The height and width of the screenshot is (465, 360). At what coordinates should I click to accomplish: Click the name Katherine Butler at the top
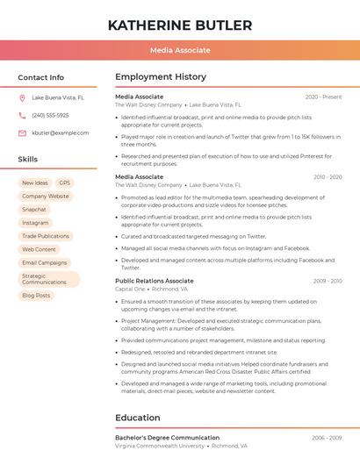(179, 25)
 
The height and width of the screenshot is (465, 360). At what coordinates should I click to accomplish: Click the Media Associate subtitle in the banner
(179, 51)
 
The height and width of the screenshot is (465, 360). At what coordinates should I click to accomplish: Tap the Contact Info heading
(40, 78)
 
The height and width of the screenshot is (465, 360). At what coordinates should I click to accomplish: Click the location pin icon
(22, 98)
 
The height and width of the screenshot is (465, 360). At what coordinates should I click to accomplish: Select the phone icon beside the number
(22, 116)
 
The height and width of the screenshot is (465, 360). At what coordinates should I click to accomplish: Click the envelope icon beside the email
(22, 133)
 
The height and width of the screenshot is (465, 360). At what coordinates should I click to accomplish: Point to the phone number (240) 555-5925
(50, 116)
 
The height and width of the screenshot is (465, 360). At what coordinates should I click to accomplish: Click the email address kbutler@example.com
(60, 133)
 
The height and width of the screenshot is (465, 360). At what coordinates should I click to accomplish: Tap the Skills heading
(28, 160)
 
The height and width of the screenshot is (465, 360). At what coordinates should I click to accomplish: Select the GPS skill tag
(65, 183)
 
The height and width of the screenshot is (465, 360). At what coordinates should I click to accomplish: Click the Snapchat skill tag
(34, 210)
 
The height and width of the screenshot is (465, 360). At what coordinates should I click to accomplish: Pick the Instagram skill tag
(35, 223)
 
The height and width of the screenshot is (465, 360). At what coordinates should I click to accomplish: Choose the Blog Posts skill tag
(36, 296)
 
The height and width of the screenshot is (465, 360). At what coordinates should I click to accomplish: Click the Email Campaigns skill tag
(45, 262)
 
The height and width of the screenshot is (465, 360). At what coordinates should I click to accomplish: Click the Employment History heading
(161, 77)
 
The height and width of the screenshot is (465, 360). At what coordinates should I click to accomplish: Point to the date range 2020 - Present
(323, 97)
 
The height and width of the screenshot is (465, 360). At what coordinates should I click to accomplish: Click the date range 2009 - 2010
(326, 281)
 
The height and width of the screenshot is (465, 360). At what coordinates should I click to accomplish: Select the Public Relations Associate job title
(155, 281)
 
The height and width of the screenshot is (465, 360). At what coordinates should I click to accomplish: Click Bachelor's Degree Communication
(167, 437)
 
